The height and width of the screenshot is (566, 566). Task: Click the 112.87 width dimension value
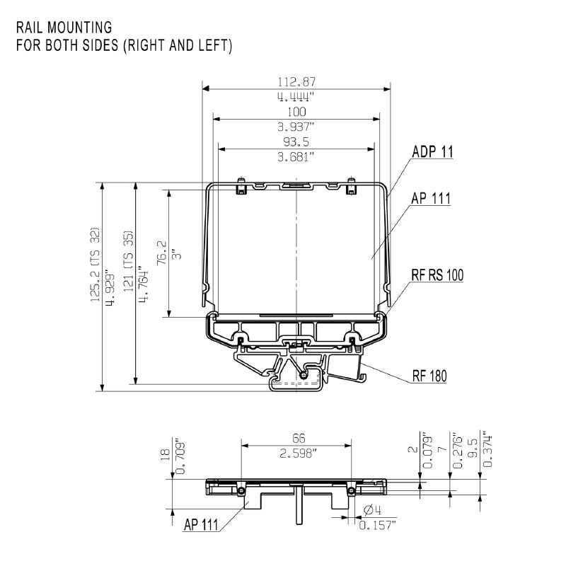coord(296,81)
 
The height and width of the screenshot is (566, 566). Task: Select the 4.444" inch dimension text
coord(296,97)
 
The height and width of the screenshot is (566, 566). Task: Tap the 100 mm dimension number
coord(296,112)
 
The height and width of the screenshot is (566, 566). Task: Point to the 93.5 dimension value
coord(296,141)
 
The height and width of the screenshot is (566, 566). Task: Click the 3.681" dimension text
coord(296,156)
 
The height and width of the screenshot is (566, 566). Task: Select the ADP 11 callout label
coord(432,151)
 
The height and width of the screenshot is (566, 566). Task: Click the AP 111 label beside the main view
coord(430,199)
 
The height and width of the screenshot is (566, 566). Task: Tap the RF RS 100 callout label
coord(437,275)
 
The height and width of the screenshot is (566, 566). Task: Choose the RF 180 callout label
coord(429,376)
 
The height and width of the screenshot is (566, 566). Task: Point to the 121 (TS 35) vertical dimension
coord(128,260)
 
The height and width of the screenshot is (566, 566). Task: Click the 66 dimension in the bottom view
coord(297,439)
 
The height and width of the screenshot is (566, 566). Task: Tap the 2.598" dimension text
coord(297,454)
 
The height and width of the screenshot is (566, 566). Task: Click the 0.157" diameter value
coord(378,524)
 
